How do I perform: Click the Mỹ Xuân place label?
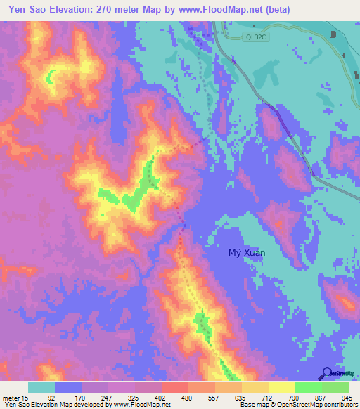click(247, 253)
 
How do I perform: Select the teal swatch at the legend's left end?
click(41, 387)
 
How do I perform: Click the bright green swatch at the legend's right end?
click(335, 387)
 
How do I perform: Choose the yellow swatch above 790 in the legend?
click(281, 387)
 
